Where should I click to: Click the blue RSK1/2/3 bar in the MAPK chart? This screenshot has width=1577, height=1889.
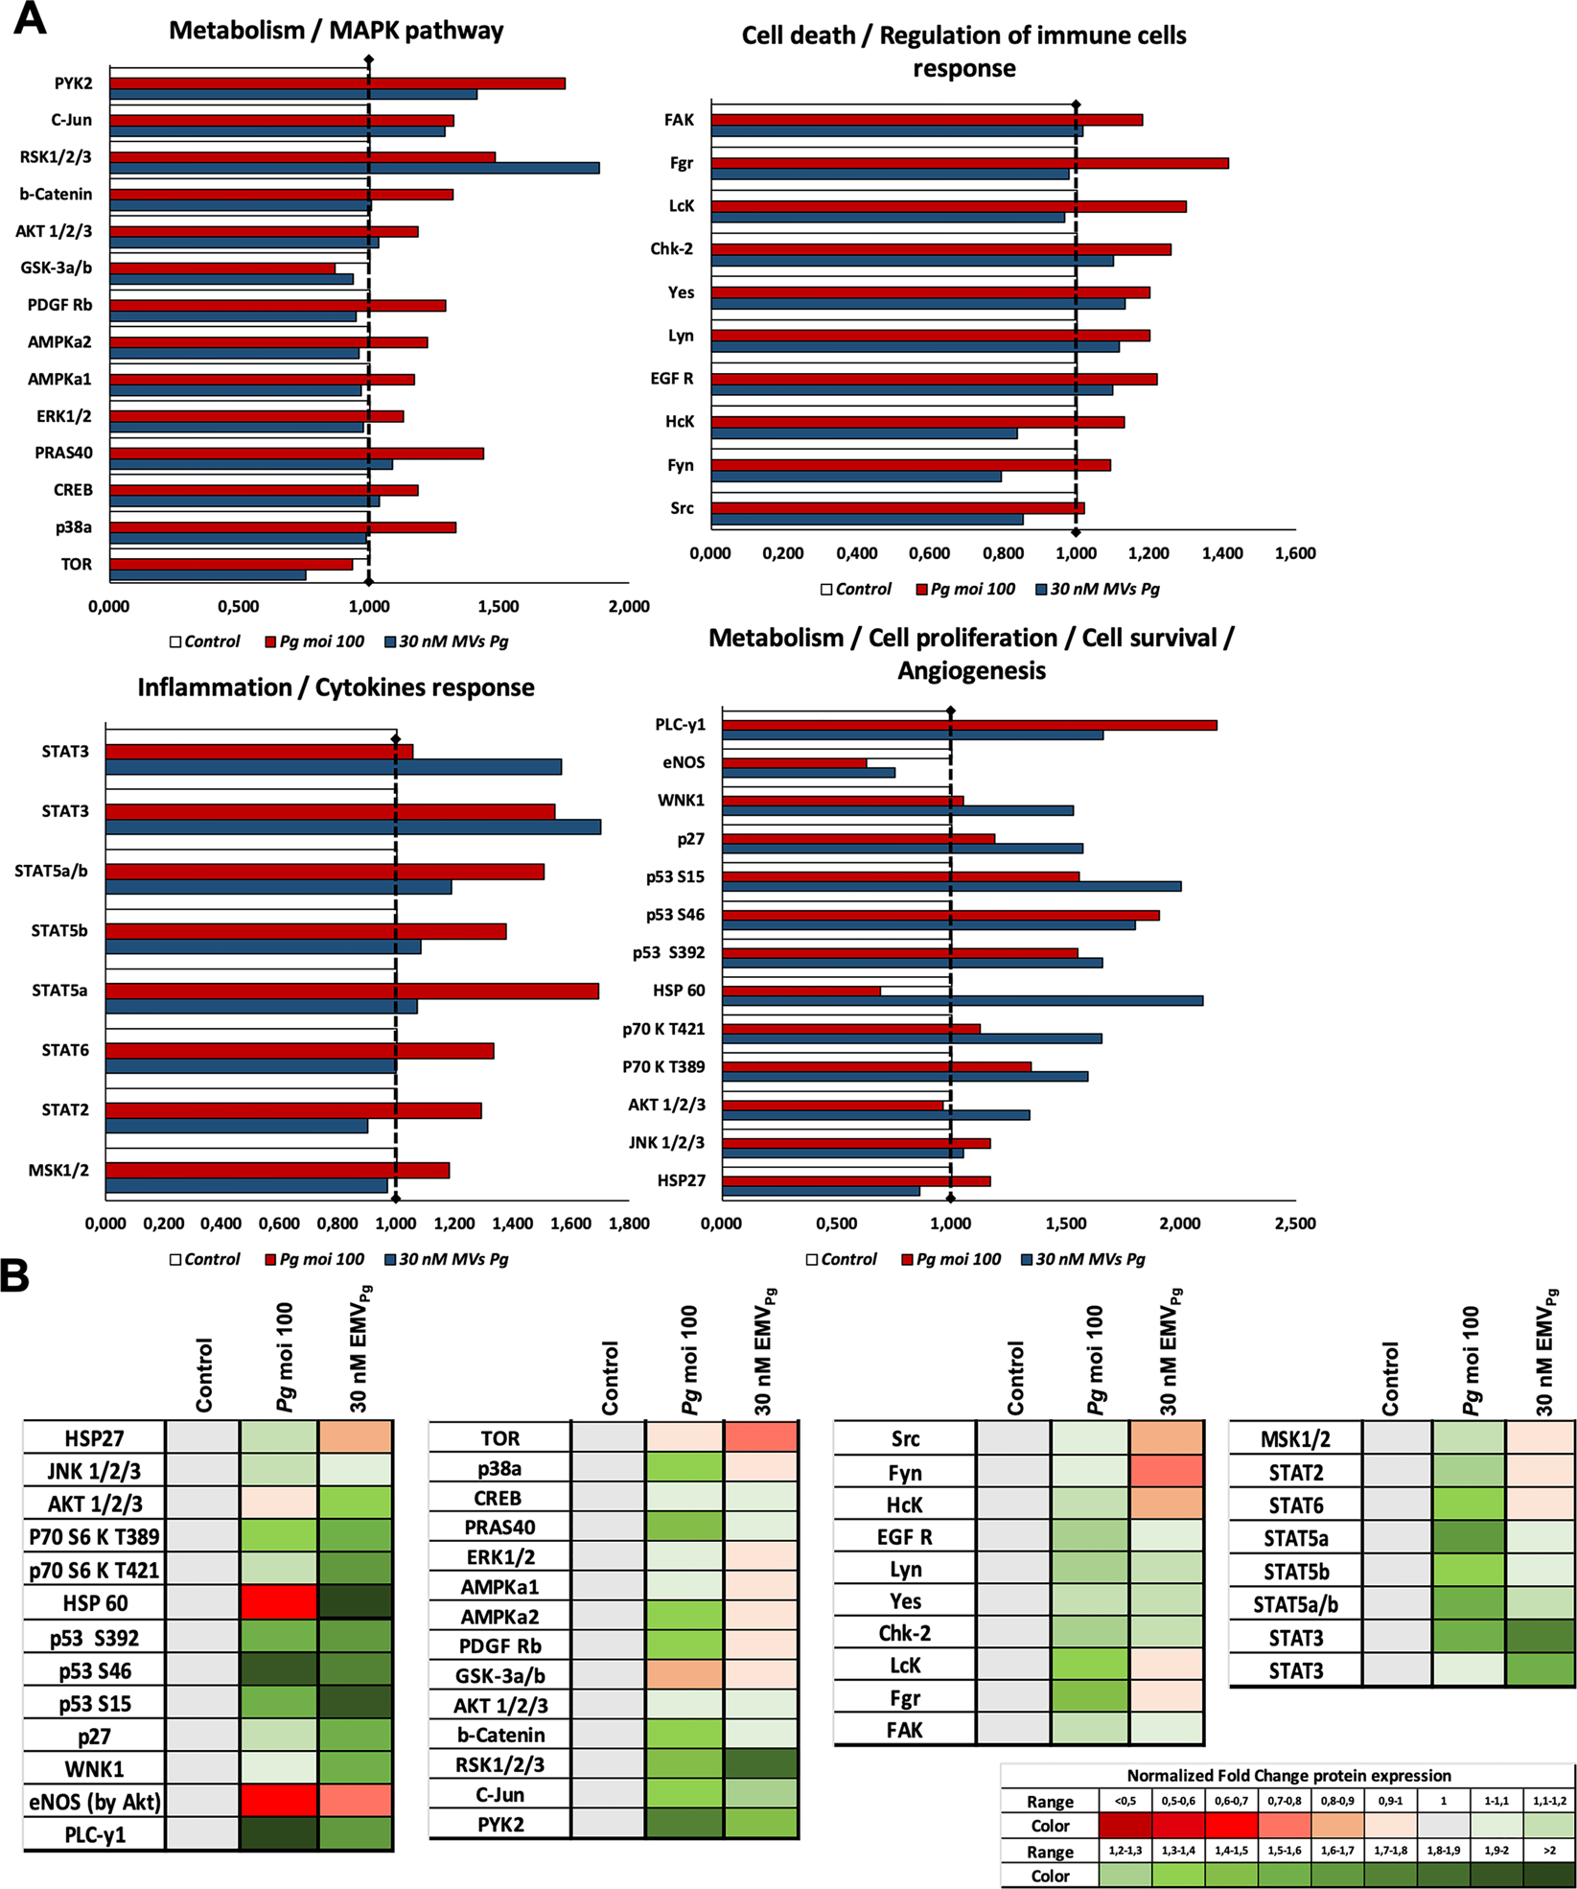click(x=355, y=168)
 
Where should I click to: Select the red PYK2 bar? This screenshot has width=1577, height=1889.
click(x=337, y=83)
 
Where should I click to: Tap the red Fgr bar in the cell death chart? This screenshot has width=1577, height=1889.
click(x=969, y=163)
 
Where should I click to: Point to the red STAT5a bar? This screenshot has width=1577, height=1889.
click(x=352, y=991)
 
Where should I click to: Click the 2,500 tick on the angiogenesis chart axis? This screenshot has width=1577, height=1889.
click(x=1294, y=1224)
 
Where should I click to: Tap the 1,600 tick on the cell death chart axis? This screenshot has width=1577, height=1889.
click(x=1294, y=553)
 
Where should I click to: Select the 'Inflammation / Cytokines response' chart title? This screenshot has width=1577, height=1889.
click(x=336, y=688)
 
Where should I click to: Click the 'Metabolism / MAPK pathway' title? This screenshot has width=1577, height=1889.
click(x=336, y=31)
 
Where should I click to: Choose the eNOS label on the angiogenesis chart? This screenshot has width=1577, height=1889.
click(x=683, y=762)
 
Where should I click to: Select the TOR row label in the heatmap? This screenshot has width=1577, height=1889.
click(x=499, y=1438)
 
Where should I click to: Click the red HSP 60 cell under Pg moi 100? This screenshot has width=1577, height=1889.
click(x=278, y=1602)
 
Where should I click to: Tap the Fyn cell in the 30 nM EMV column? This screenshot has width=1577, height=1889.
click(x=1166, y=1472)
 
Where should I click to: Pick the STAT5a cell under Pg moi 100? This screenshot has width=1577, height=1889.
click(x=1469, y=1538)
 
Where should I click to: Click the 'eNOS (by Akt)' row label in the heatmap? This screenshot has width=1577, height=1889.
click(x=94, y=1802)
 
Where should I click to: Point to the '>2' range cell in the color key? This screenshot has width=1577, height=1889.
click(x=1549, y=1852)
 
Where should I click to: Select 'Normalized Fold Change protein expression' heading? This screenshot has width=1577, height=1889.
click(x=1288, y=1776)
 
